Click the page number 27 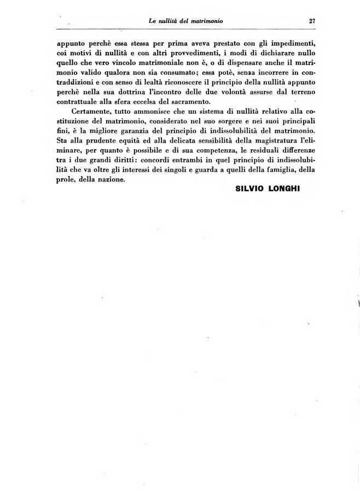coord(312,21)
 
